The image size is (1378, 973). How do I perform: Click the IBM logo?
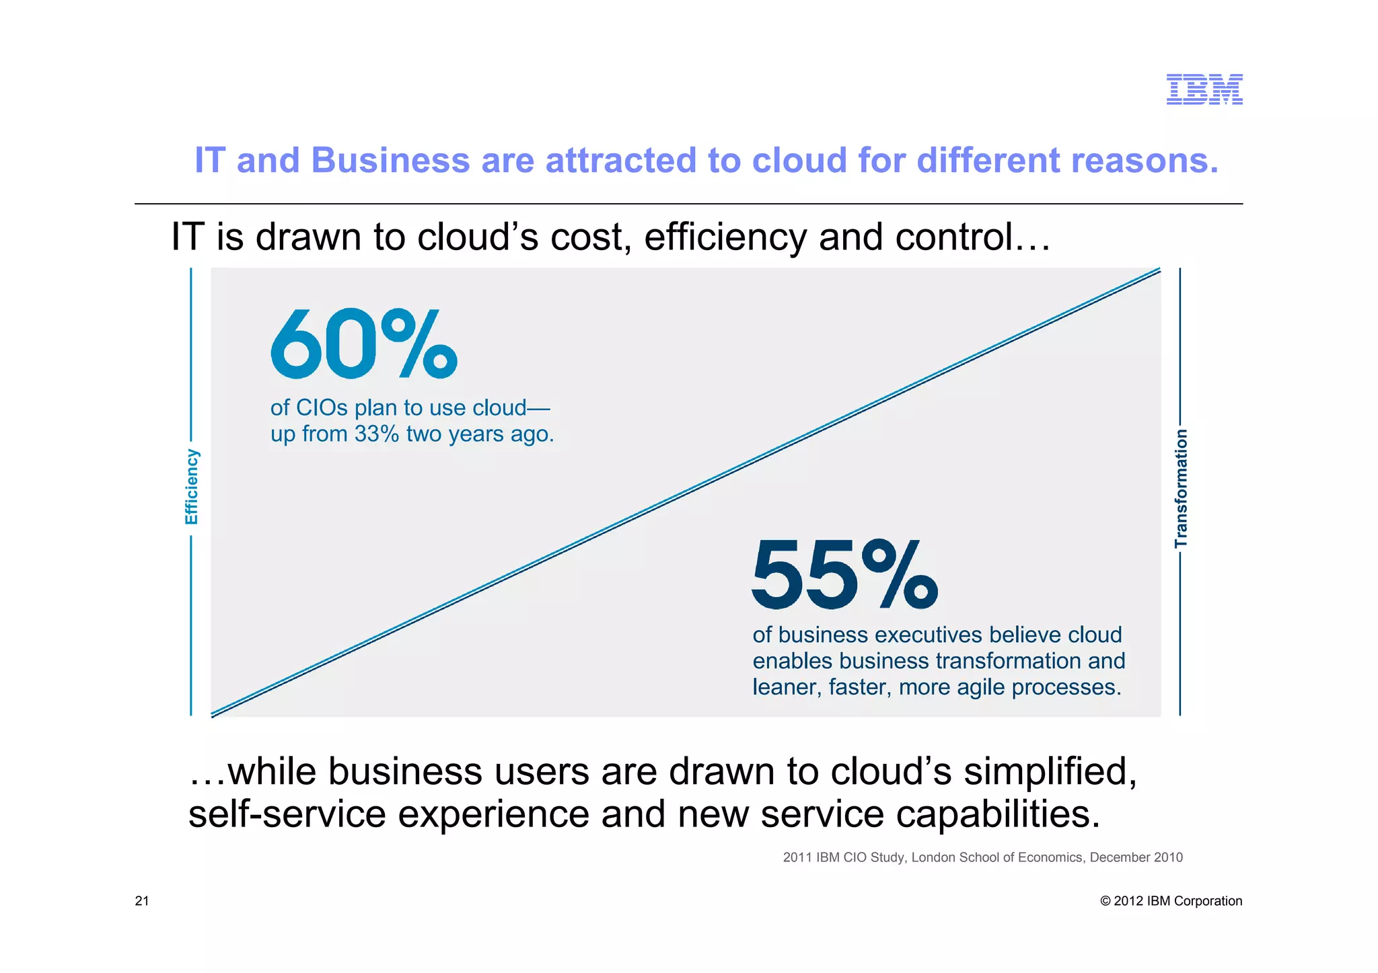click(x=1204, y=89)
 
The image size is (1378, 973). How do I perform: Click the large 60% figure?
click(x=364, y=344)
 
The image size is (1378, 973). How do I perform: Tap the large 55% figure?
click(x=844, y=574)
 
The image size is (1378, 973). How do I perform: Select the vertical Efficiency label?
click(x=192, y=487)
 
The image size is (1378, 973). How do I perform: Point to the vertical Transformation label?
click(x=1181, y=489)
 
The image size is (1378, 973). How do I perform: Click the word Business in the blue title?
click(x=390, y=161)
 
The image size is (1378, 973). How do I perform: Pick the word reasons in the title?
click(x=1144, y=161)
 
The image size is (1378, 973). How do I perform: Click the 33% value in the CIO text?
click(x=377, y=434)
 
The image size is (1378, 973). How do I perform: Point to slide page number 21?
click(x=142, y=901)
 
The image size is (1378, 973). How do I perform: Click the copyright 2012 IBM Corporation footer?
click(x=1171, y=901)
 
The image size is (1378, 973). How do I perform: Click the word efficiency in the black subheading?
click(x=725, y=237)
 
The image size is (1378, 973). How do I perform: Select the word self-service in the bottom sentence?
click(x=287, y=814)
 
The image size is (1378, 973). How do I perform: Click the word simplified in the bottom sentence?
click(x=1050, y=771)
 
